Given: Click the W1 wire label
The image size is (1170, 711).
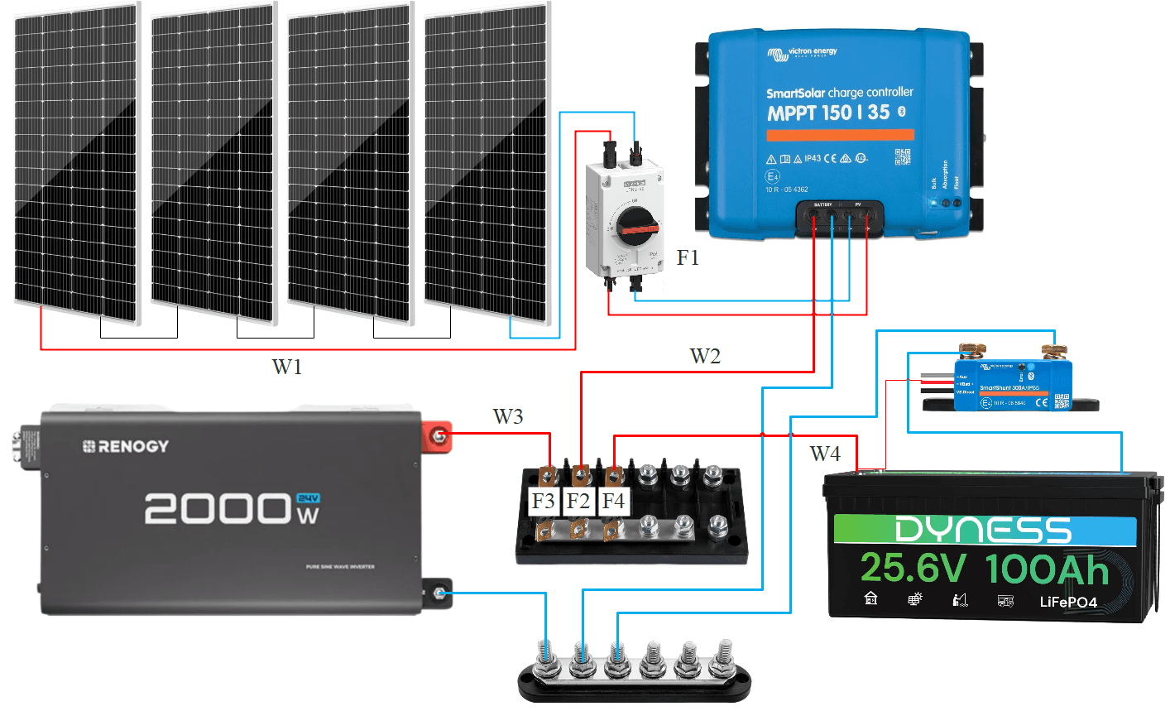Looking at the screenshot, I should pos(287,366).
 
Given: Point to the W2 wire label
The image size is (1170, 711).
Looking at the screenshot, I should pos(705,356).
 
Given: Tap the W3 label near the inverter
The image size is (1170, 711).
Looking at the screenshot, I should pos(508,416).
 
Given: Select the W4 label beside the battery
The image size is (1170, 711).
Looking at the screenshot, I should pos(825,453).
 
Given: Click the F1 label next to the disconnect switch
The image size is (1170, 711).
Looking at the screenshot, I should pos(688,258).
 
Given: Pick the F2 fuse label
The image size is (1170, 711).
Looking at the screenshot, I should pos(578,501).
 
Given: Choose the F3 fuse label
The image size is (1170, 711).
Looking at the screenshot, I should pos(543,501).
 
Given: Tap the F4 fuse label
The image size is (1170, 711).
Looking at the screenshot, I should pos(613,501).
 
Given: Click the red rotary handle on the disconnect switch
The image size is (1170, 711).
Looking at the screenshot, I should pos(636,225).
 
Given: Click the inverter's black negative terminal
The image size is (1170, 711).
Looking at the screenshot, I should pos(439,593).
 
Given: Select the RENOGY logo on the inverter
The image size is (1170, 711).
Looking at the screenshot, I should pos(126,446).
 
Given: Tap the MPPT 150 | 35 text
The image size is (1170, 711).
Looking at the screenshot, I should pos(828,113).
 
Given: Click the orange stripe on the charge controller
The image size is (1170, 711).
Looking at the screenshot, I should pos(840,135).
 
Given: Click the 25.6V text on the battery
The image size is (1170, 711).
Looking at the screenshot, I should pos(913,569).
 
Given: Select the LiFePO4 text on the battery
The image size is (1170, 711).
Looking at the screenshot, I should pos(1068,602).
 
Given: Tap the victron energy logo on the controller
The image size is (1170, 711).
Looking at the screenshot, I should pos(803,53).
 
